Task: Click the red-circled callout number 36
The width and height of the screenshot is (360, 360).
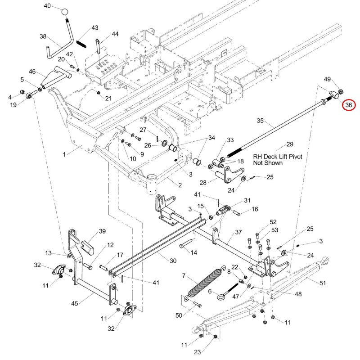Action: pyautogui.click(x=348, y=105)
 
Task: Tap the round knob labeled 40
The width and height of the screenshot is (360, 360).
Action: pyautogui.click(x=65, y=12)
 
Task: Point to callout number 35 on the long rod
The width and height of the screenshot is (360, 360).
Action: pyautogui.click(x=260, y=121)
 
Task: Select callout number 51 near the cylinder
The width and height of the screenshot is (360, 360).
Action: pyautogui.click(x=323, y=283)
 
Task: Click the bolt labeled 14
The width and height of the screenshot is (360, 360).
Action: pyautogui.click(x=185, y=243)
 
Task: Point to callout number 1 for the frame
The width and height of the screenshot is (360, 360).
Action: pyautogui.click(x=64, y=154)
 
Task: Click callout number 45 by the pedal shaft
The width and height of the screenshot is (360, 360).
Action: pyautogui.click(x=75, y=303)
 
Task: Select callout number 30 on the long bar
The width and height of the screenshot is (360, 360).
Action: pyautogui.click(x=173, y=261)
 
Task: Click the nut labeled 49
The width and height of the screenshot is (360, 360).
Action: pyautogui.click(x=341, y=92)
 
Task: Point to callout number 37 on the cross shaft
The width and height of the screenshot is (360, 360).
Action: pyautogui.click(x=238, y=232)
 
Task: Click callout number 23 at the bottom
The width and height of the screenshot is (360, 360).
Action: pyautogui.click(x=198, y=352)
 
